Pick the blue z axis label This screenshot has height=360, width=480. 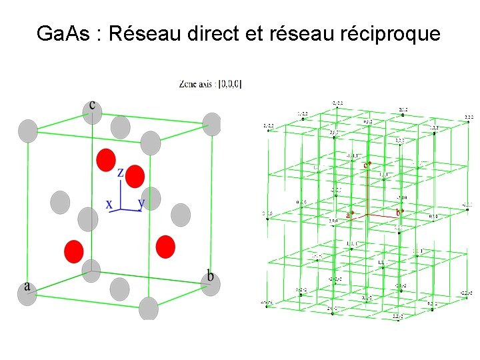pos(121,173)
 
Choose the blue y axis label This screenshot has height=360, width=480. pos(141,202)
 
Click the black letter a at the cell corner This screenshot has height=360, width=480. pos(27,286)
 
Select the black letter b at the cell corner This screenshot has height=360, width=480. pos(210,275)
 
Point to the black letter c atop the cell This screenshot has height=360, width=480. pos(91,105)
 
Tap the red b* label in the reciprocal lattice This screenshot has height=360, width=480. pos(399,213)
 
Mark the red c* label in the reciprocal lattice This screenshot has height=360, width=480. pos(367,164)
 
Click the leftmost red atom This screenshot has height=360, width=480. pos(73,251)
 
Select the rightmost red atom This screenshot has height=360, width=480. pos(165,247)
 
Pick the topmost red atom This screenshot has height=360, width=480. pos(105,159)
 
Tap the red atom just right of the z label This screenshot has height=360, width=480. pos(135,176)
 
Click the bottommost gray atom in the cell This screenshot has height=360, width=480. pos(149,309)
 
